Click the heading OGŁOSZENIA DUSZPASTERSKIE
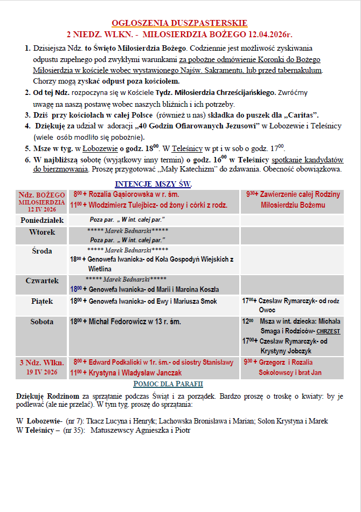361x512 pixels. click(x=179, y=23)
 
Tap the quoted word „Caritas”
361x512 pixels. click(x=301, y=115)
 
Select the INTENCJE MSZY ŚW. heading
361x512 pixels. click(x=153, y=184)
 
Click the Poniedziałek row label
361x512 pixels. click(x=42, y=220)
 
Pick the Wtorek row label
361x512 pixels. click(x=42, y=231)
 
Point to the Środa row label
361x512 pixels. click(x=42, y=250)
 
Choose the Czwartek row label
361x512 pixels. click(x=42, y=281)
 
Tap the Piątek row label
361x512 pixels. click(x=42, y=301)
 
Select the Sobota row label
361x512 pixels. click(x=42, y=322)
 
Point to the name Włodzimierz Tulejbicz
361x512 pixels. click(x=123, y=205)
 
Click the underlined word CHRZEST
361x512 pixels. click(x=328, y=331)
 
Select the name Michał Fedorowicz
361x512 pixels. click(x=118, y=322)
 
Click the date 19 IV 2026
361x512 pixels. click(x=42, y=372)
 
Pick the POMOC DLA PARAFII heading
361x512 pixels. click(x=168, y=384)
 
